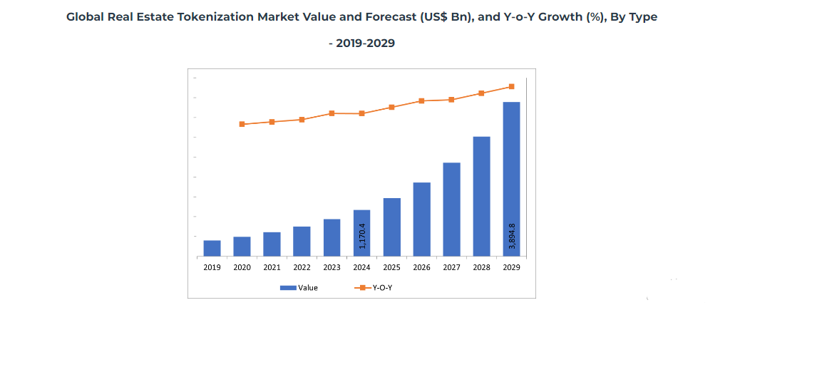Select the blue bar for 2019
[212, 248]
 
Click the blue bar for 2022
[302, 241]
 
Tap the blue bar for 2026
[421, 219]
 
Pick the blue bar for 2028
[481, 196]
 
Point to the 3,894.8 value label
[512, 235]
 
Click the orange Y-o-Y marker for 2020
[242, 124]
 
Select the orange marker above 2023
[332, 113]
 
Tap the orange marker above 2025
[391, 107]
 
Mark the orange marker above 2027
[451, 100]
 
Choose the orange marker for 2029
[511, 87]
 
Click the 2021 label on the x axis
[272, 268]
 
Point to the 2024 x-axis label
[361, 268]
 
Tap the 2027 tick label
[451, 268]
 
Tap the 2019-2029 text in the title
[365, 43]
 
